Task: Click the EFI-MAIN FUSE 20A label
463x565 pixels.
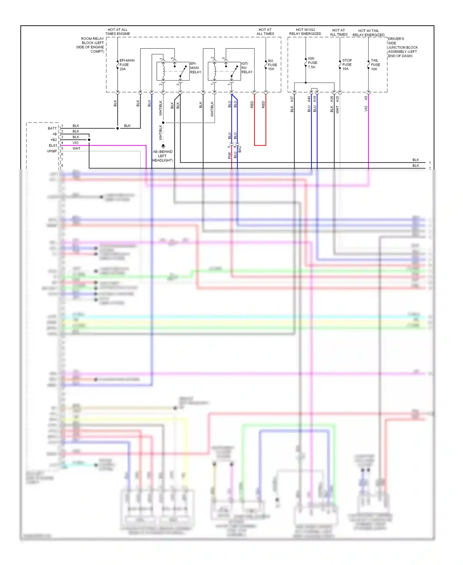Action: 127,65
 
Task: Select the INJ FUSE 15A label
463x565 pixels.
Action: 272,65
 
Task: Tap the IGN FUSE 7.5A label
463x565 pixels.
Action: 312,63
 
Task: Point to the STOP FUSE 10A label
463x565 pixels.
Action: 347,65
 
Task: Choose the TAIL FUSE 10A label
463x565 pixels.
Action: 375,65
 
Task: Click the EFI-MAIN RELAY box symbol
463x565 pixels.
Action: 173,71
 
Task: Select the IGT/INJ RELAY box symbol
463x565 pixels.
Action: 224,71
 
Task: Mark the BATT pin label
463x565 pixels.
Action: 52,128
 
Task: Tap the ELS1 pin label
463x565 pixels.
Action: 53,146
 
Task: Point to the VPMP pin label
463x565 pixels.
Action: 52,151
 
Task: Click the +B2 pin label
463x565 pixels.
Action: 53,140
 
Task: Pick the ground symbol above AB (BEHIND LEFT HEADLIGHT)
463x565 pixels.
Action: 163,146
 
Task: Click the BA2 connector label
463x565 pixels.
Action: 240,149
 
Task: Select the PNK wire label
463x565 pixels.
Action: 229,155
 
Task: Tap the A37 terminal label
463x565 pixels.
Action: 292,99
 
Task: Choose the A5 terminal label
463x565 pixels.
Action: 366,98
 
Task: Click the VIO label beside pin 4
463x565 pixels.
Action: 76,143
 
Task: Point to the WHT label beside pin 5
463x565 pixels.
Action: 77,148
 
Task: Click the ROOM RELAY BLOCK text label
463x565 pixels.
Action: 90,45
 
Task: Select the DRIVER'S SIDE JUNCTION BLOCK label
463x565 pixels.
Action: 403,47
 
